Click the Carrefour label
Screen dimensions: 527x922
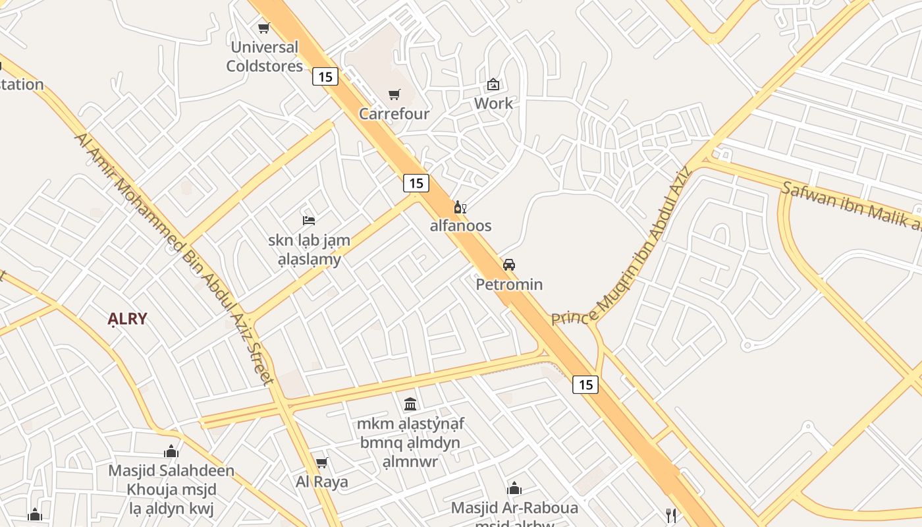394,114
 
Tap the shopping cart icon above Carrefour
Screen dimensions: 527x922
394,95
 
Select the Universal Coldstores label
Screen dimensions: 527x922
264,57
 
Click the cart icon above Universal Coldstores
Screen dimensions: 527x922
263,28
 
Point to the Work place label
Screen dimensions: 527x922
493,103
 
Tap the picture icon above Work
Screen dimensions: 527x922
493,84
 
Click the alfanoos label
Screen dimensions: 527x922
460,226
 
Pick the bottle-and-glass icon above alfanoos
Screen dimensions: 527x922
460,208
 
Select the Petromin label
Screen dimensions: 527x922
509,285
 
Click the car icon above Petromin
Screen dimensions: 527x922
508,265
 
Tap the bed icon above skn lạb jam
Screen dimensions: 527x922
309,220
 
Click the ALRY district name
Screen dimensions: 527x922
127,319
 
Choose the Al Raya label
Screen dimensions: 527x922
321,482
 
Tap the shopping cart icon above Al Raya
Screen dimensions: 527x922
321,463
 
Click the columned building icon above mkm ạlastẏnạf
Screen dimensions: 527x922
410,404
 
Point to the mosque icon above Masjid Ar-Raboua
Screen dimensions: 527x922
514,489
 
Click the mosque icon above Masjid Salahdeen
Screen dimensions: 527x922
171,452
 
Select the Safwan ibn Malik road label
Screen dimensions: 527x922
850,206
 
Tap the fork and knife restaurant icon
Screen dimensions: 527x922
670,514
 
